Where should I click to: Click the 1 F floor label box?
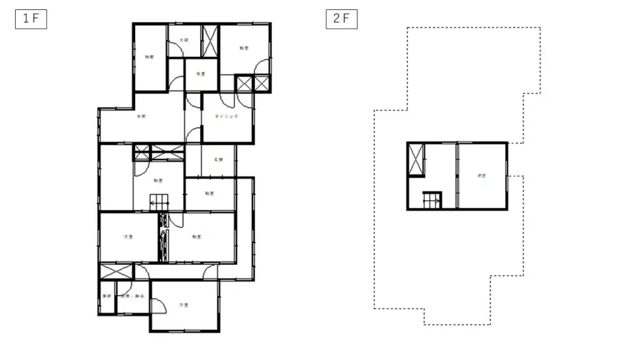coord(31,19)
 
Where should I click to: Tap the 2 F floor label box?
coord(341,19)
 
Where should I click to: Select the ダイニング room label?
coord(226,116)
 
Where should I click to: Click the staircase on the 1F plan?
coord(159,202)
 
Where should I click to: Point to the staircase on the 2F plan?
coord(432,200)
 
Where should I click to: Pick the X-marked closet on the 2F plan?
coord(416,159)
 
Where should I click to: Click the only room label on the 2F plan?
coord(481,176)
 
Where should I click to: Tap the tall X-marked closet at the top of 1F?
coord(209,41)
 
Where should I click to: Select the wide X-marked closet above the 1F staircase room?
coord(167,152)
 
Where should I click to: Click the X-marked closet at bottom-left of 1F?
coord(116,272)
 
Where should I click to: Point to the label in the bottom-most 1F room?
coord(184,305)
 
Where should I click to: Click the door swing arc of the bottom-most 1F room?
coord(159,306)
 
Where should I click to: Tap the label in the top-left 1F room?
coord(149,57)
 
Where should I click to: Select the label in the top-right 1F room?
coord(242,47)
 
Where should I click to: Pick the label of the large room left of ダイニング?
coord(141,116)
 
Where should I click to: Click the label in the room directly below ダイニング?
coord(218,160)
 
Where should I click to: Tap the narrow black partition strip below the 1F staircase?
coord(164,237)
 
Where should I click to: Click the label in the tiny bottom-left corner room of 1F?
coord(107,296)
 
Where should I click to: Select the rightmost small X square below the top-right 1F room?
coord(262,84)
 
